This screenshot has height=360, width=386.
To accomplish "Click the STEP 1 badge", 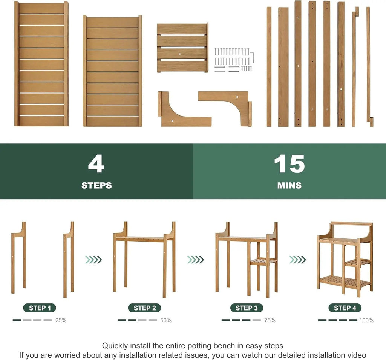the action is [x=40, y=308].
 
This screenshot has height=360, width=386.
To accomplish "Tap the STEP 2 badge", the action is [x=144, y=308].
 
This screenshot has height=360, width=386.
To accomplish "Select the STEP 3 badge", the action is [x=247, y=308].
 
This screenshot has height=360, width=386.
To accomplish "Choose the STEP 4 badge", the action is [x=345, y=308].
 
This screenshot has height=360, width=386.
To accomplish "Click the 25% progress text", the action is [x=61, y=320].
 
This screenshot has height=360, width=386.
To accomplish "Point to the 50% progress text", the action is [x=166, y=320].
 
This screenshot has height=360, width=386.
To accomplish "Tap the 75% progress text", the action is [x=270, y=320].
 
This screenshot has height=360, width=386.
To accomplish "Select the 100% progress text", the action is [x=366, y=320].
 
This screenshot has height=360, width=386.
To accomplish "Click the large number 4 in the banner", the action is [x=96, y=164].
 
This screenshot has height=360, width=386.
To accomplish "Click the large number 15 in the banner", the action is [x=289, y=164].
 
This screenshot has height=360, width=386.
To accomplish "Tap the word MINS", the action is [x=289, y=185].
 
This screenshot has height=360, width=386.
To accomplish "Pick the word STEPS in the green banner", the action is [x=96, y=185].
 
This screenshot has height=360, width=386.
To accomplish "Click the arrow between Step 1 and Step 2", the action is [x=93, y=260].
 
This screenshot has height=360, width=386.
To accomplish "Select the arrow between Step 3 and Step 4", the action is [x=298, y=260].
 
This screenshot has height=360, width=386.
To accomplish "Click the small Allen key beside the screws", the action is [x=252, y=57].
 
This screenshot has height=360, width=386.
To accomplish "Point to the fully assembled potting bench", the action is [x=345, y=258].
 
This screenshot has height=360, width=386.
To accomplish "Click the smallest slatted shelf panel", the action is [x=182, y=48].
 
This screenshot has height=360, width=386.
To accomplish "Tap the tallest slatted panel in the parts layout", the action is [x=41, y=63].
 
